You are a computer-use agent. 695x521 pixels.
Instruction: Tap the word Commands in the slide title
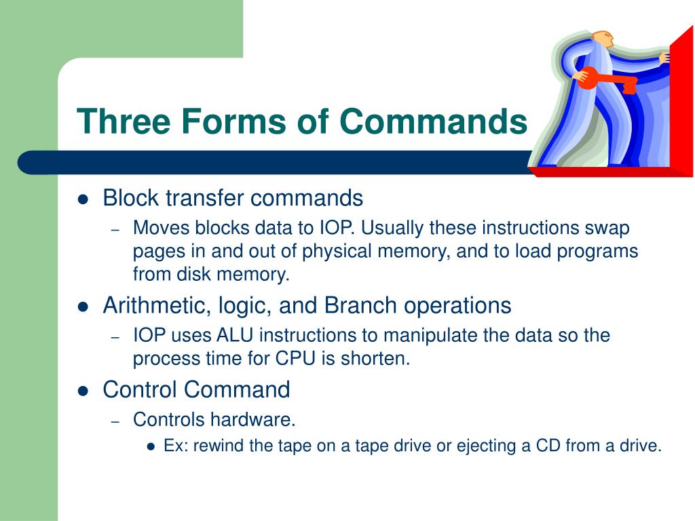pos(433,122)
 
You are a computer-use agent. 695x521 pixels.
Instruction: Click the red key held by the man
pos(607,81)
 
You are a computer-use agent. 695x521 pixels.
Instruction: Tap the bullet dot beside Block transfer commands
pos(83,199)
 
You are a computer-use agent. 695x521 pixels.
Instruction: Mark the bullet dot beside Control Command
pos(83,391)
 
